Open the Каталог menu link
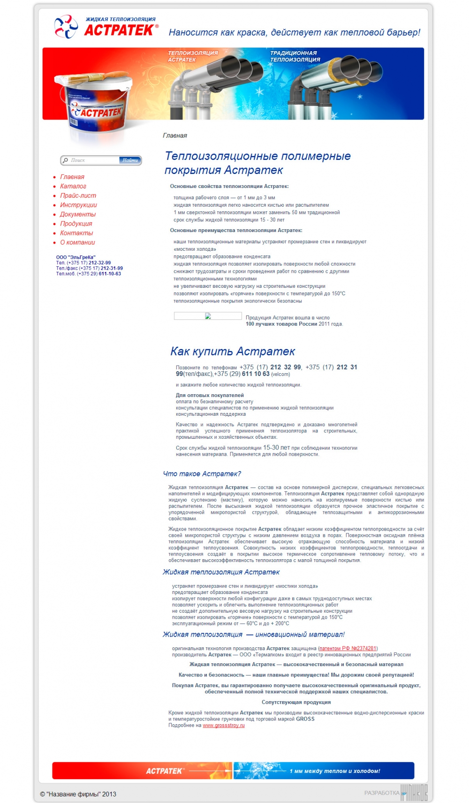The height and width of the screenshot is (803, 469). coord(73,186)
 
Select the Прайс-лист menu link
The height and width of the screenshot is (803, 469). coord(78,195)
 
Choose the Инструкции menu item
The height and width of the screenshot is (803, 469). coord(78,205)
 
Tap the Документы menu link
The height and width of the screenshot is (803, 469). coord(78,214)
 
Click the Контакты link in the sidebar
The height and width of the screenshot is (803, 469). coord(76,233)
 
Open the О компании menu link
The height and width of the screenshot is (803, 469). coord(77,242)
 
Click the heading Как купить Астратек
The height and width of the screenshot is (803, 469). coord(233,352)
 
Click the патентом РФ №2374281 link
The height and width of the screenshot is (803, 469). coord(348,648)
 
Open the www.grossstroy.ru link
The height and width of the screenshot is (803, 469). coord(224,725)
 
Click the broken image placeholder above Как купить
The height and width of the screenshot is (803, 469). coord(208,316)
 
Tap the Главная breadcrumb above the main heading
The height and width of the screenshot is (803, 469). coord(175,135)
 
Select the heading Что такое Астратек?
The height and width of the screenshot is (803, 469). coord(202,474)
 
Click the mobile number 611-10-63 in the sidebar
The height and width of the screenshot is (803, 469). coord(110,274)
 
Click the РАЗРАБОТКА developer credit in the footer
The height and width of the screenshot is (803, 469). coord(382,793)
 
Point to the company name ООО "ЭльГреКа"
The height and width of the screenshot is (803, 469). coord(76,257)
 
